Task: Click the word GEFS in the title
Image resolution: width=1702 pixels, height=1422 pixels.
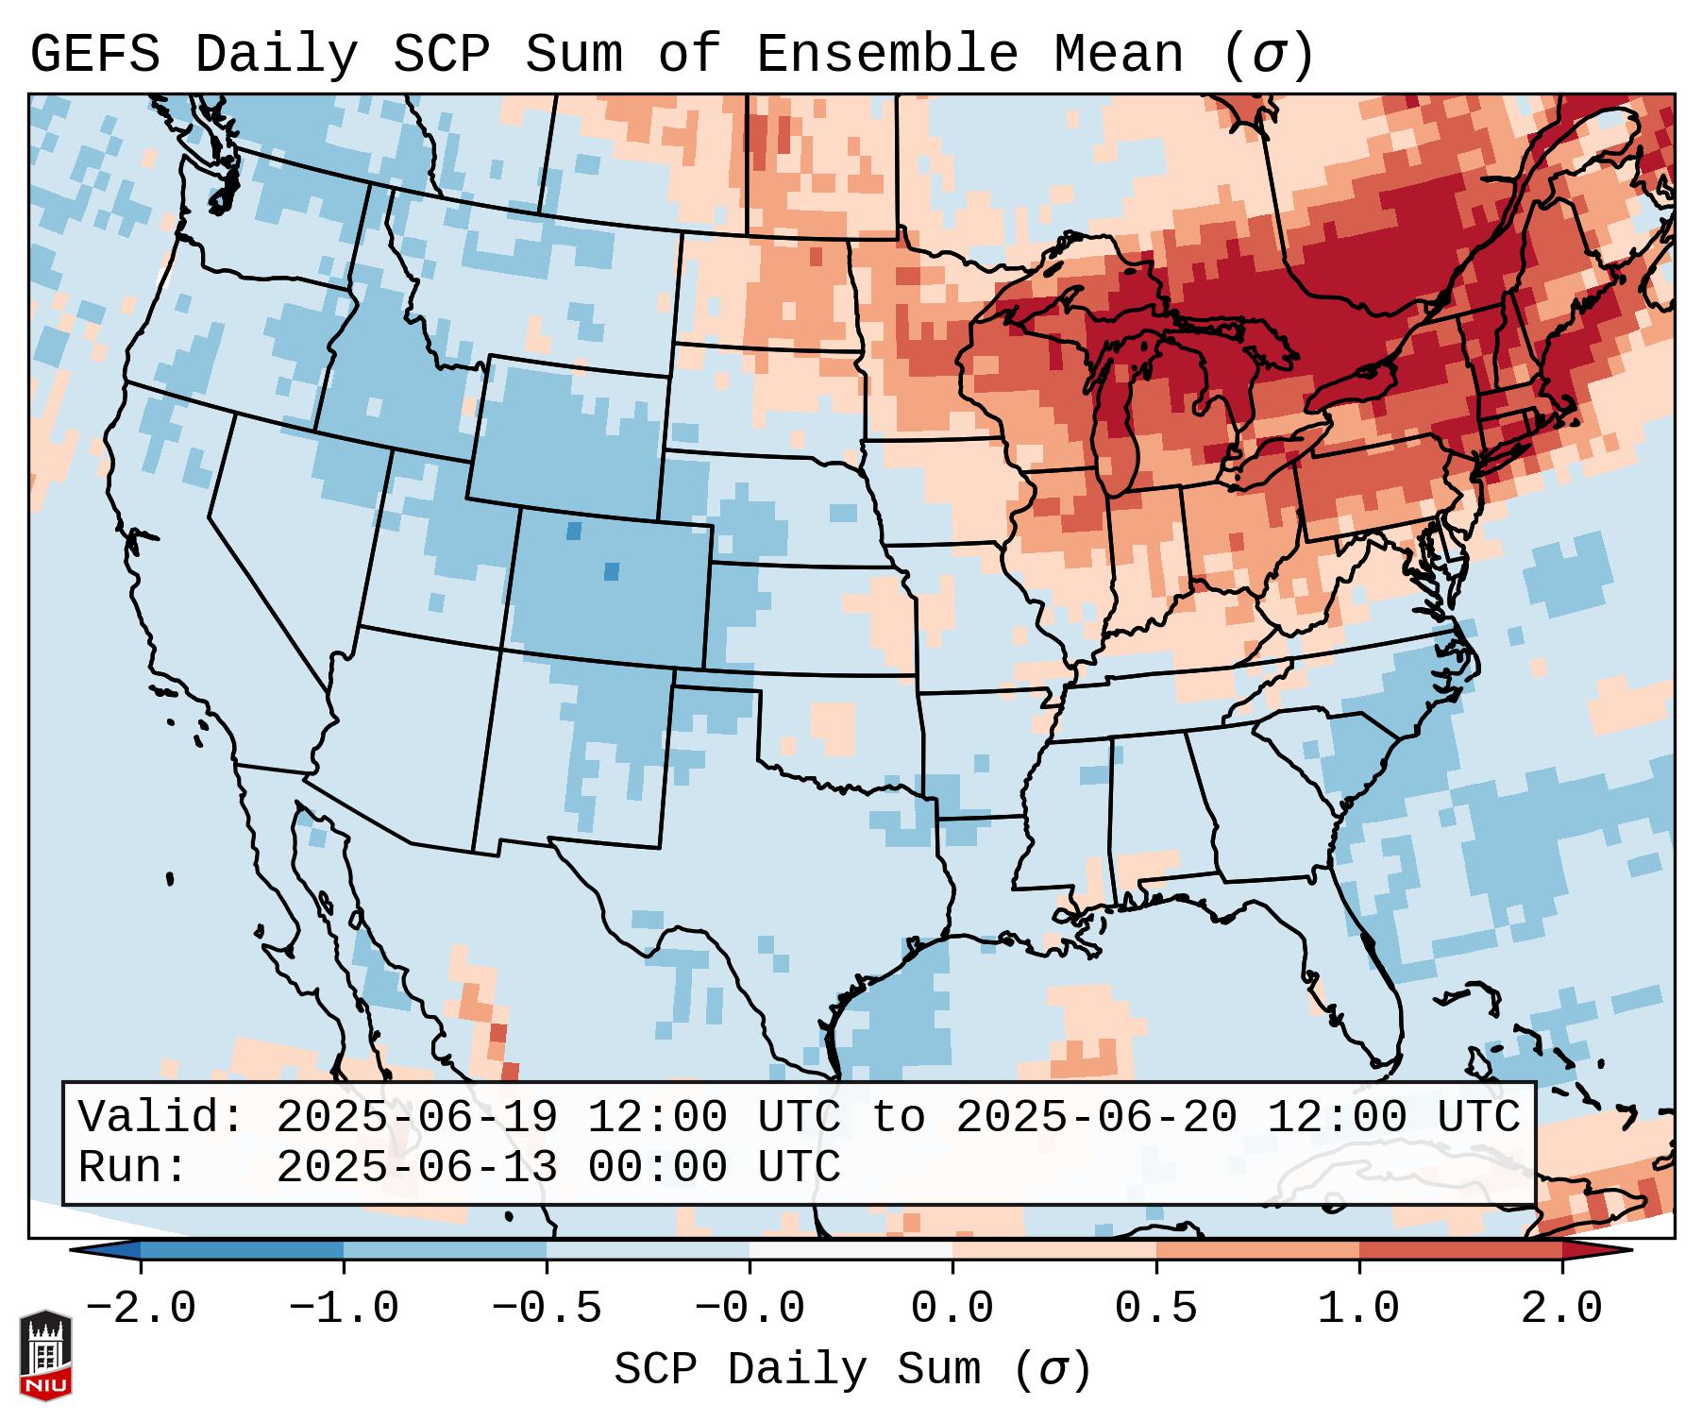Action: coord(94,55)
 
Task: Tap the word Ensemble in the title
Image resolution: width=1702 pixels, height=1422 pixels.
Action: coord(887,55)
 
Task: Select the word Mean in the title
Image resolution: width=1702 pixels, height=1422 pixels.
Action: coord(1118,55)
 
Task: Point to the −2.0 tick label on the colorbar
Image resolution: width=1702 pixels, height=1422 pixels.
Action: coord(141,1309)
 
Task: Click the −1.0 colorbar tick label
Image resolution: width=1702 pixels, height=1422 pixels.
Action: coord(344,1309)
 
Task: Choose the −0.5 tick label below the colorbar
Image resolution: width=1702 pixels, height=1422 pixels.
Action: coord(547,1309)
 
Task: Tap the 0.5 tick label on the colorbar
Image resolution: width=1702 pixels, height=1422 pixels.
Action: coord(1156,1309)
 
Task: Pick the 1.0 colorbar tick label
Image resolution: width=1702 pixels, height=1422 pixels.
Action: coord(1359,1309)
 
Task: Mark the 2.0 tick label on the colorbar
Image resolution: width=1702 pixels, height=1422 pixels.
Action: coord(1562,1309)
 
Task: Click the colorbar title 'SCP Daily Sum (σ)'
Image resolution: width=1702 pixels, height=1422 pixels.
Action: coord(852,1368)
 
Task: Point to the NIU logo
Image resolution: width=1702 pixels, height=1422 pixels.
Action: coord(45,1354)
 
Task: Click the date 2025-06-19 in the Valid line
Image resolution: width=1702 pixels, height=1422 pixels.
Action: coord(416,1117)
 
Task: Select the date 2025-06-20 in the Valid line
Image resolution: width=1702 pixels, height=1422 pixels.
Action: coord(1096,1117)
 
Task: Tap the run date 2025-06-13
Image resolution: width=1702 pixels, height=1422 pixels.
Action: coord(416,1167)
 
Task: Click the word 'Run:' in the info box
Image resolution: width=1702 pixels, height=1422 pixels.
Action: coord(133,1167)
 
